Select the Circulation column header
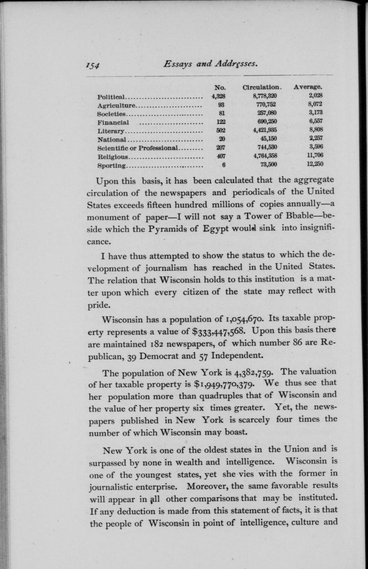point(262,87)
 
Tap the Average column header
point(308,87)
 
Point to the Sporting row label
point(111,166)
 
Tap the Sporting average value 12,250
point(314,164)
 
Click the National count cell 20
point(223,139)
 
